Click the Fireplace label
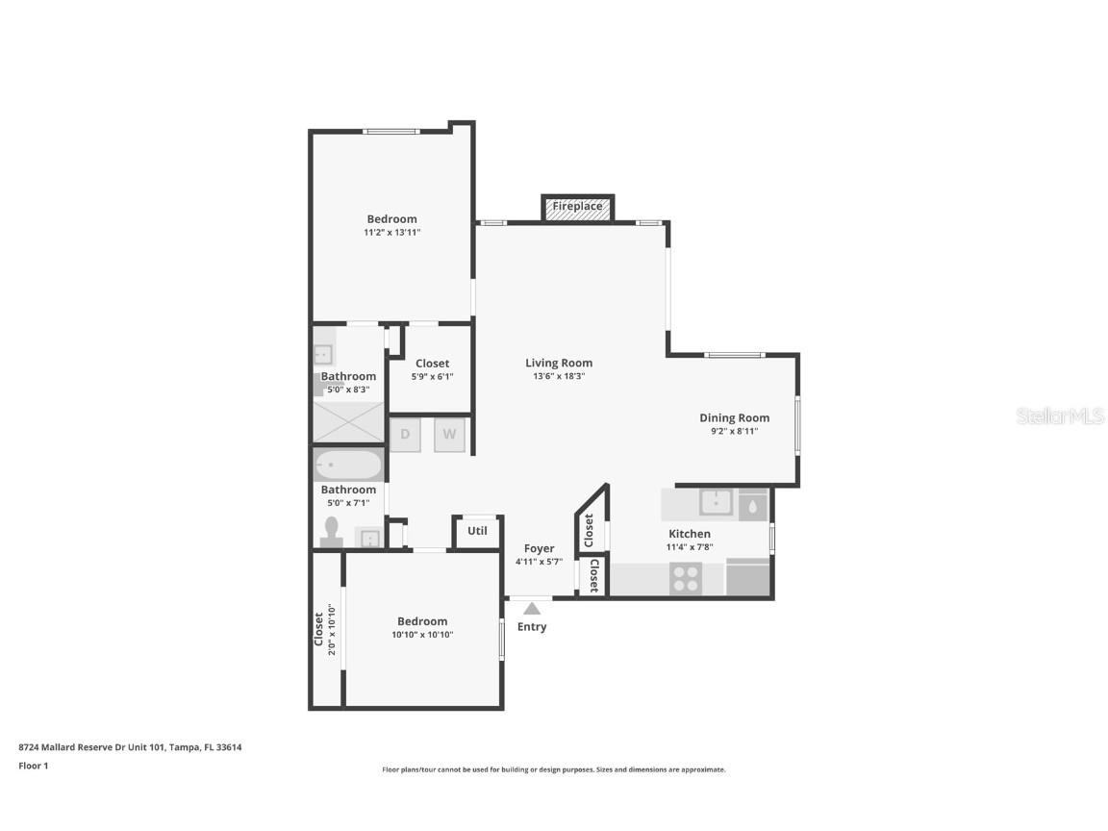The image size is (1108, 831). point(577,207)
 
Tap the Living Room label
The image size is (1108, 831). point(559,364)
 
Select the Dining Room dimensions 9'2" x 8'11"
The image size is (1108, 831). point(735,431)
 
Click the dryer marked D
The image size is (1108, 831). point(405,435)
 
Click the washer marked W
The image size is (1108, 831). point(449,435)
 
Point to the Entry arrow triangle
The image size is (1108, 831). point(532,609)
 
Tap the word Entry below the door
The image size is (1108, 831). point(532,627)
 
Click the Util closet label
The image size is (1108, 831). point(477,531)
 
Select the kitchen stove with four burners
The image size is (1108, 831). point(686,579)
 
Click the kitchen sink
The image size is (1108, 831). point(716,503)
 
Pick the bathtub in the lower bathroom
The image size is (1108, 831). point(348,466)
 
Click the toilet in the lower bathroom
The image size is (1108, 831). point(332,533)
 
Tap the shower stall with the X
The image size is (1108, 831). point(348,422)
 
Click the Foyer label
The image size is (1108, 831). point(540,548)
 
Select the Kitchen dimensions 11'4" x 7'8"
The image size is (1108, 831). point(690,547)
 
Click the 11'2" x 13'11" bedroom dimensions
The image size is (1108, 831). point(392,233)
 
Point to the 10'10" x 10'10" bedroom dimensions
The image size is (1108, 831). point(422,635)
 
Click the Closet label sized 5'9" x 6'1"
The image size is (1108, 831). point(433,364)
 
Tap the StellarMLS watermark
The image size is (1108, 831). point(1060,415)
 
